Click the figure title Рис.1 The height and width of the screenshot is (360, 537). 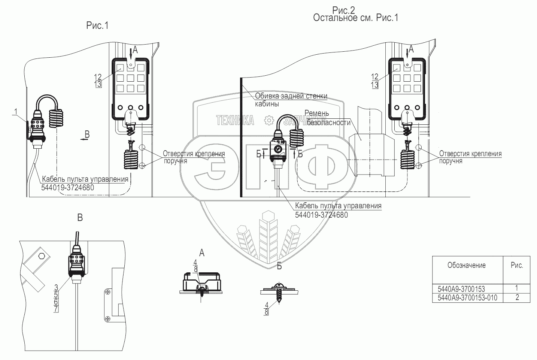(97, 25)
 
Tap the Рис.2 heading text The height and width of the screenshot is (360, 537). (343, 10)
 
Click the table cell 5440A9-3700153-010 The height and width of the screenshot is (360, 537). (467, 298)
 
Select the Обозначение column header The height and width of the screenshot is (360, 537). (467, 265)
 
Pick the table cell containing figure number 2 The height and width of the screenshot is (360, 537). (517, 297)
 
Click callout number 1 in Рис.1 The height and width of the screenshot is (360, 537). (16, 112)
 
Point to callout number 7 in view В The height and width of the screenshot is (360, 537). (56, 309)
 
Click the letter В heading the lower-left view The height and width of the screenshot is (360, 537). (80, 218)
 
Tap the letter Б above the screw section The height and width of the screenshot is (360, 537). (279, 266)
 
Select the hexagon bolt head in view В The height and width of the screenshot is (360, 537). (42, 256)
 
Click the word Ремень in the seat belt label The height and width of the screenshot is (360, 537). (317, 113)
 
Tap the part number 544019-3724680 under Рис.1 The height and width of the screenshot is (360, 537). (68, 187)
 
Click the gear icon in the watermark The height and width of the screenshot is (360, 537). (269, 120)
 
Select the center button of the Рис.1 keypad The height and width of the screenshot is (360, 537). (130, 78)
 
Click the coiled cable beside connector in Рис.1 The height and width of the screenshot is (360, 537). (57, 118)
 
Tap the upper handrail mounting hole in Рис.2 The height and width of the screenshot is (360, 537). (419, 147)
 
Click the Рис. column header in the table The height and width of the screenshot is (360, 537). (517, 265)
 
